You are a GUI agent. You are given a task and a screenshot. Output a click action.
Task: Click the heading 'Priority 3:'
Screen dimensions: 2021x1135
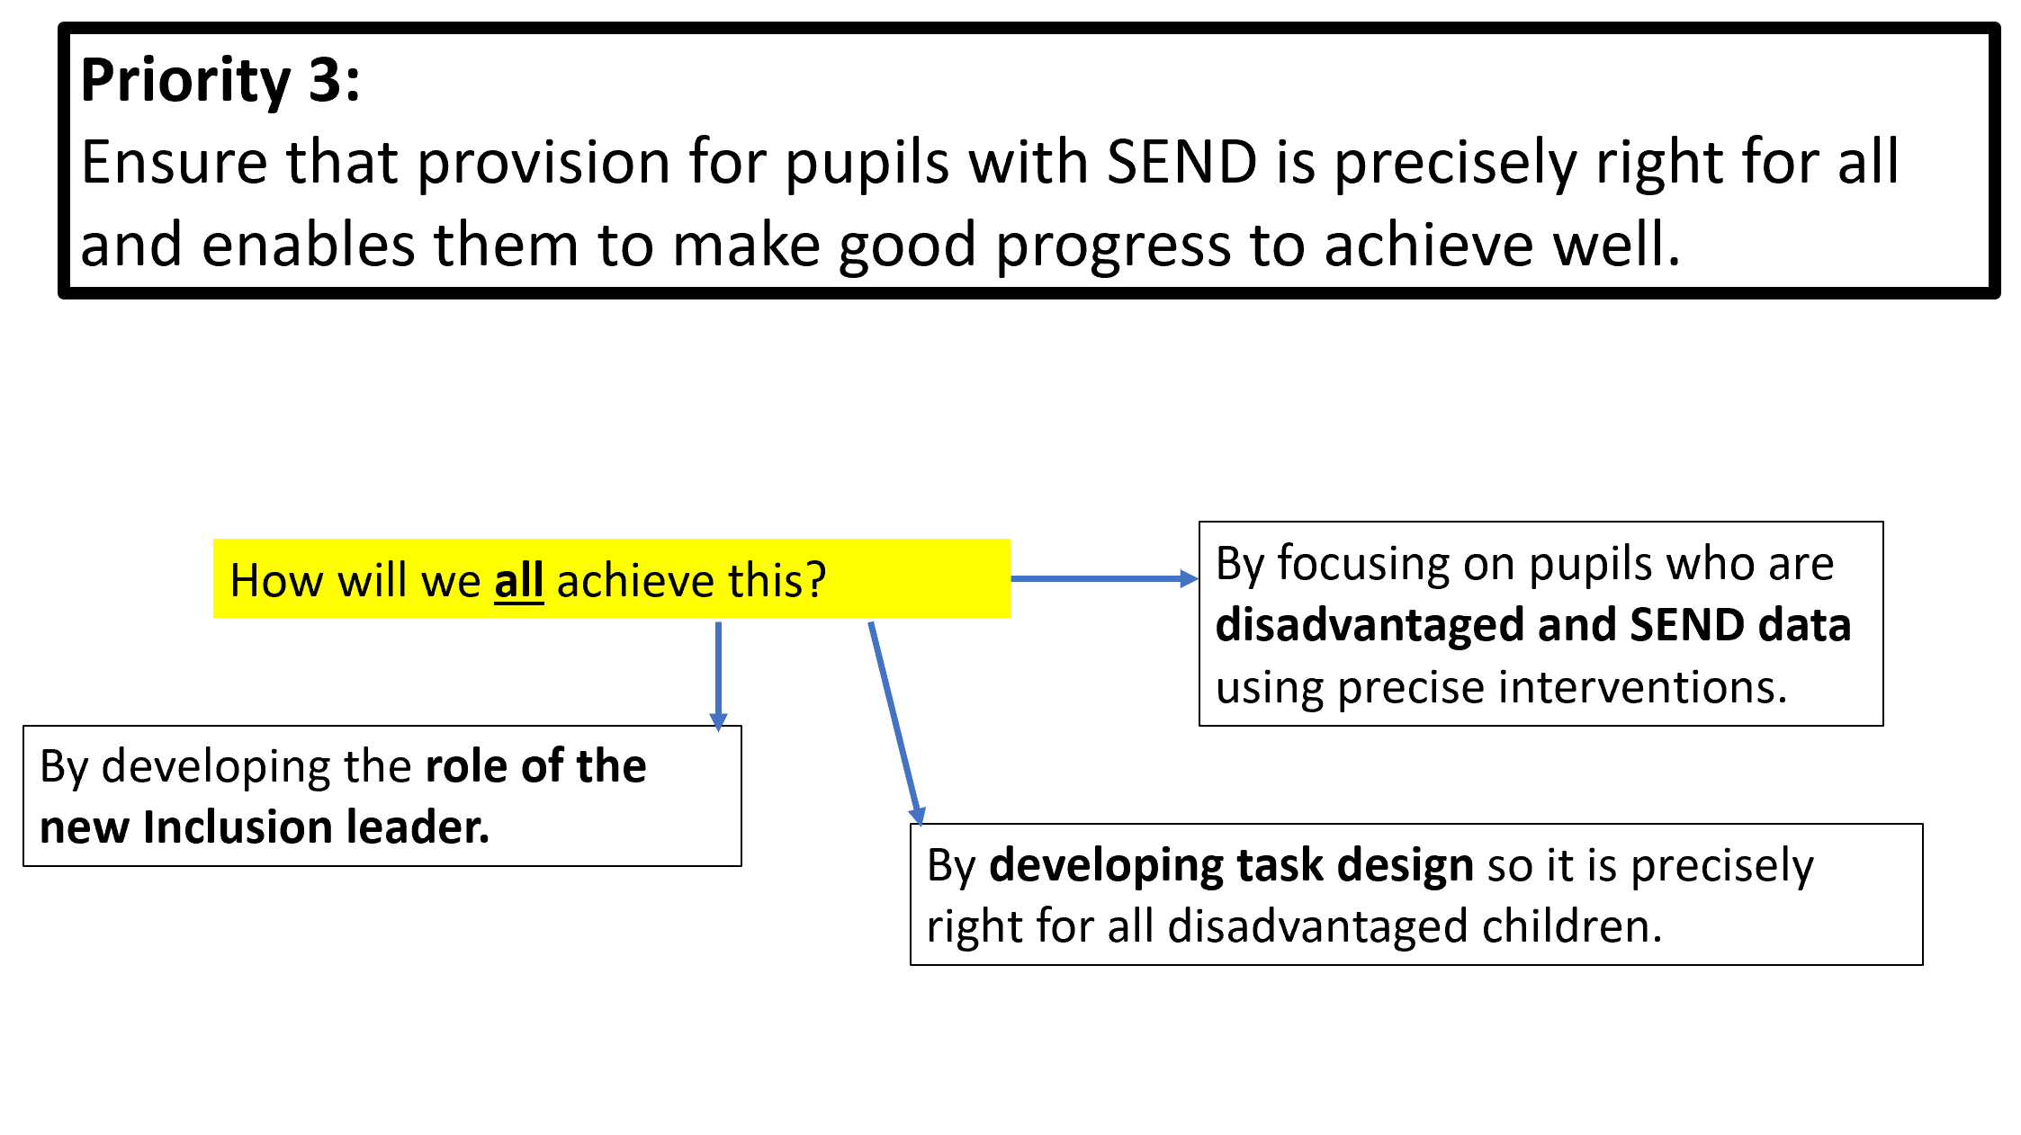tap(220, 81)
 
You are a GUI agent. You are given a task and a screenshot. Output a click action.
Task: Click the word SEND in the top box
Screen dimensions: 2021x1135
tap(1181, 163)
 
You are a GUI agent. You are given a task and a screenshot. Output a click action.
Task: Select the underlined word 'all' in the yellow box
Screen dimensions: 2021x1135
tap(519, 580)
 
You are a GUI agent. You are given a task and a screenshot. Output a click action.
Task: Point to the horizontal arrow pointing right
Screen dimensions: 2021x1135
tap(1105, 579)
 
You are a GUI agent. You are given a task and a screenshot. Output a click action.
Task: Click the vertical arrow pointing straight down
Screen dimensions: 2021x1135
tap(718, 676)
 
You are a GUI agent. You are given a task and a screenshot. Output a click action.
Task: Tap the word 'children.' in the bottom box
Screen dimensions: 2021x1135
tap(1571, 926)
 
